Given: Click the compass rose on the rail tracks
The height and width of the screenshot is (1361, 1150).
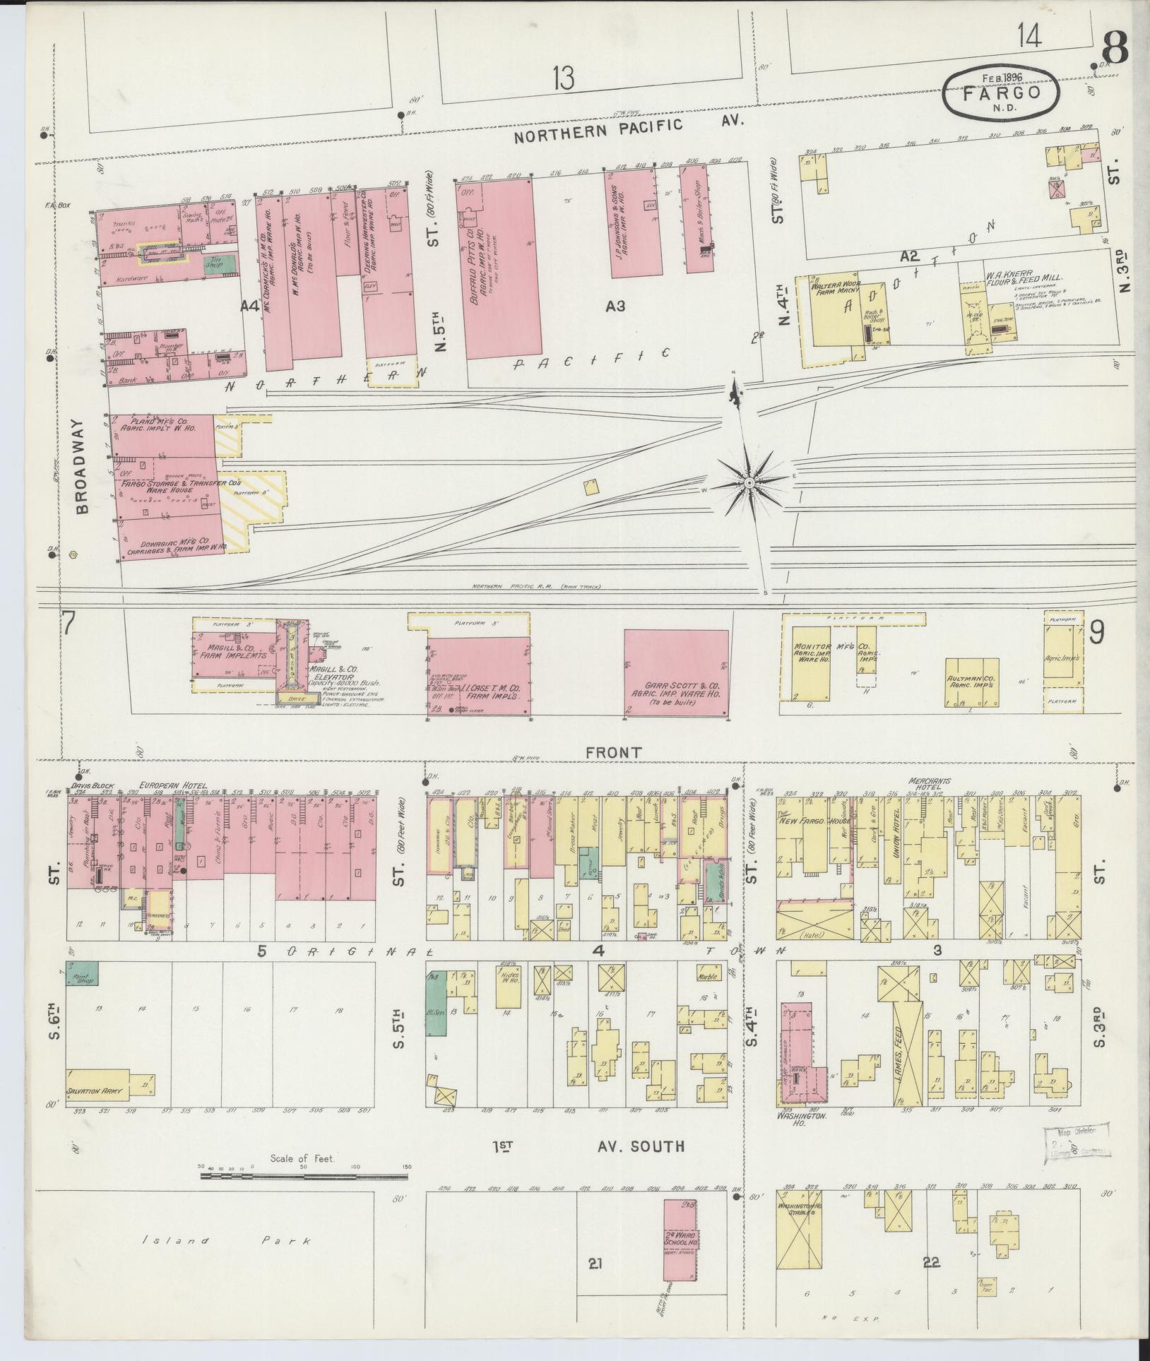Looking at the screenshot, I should click(749, 483).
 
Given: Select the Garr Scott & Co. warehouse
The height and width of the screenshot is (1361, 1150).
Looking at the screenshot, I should click(676, 673).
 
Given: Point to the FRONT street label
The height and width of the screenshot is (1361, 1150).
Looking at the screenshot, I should click(613, 753).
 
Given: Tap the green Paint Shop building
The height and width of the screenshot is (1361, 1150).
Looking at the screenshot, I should click(82, 973).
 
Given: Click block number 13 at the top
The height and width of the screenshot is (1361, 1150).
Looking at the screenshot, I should click(563, 78).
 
